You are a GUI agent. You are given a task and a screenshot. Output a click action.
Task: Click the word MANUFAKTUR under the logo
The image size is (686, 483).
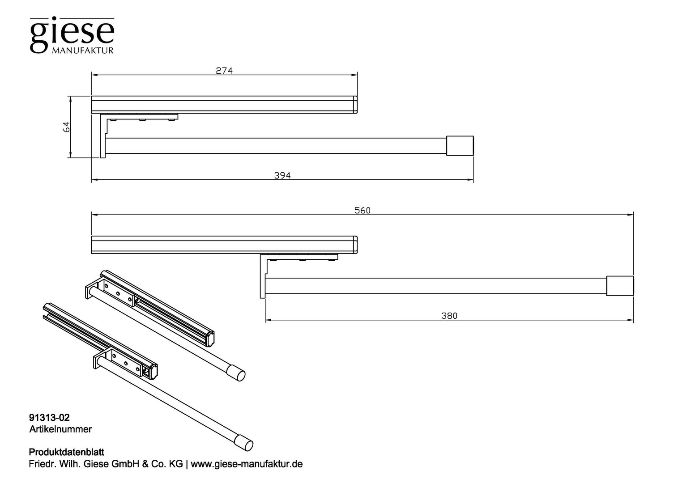coord(83,51)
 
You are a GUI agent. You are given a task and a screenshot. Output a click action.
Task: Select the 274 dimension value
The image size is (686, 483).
coord(224,71)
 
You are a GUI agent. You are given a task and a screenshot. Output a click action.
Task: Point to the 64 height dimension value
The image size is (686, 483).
coord(66,127)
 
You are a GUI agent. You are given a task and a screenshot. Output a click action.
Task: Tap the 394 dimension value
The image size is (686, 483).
coord(282,175)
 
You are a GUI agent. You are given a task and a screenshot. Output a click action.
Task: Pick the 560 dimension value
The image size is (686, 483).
coord(362,210)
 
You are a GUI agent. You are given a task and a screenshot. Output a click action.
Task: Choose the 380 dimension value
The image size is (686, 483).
coord(449,316)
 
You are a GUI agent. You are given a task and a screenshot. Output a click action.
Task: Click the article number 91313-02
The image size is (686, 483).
coord(49,418)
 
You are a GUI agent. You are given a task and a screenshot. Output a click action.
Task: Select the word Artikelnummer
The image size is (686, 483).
coord(61,429)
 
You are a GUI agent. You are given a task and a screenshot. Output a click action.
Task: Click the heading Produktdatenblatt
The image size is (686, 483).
coord(67,452)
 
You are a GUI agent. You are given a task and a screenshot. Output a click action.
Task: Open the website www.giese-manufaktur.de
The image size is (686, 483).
coord(247,464)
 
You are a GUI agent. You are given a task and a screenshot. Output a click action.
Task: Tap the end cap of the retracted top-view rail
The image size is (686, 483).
coord(460,146)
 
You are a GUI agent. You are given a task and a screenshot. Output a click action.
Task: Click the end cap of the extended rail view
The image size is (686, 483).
coord(620,286)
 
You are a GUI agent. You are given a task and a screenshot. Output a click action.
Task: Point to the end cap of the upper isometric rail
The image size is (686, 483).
coord(236,373)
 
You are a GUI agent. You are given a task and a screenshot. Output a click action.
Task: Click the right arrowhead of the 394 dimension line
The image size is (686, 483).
coord(471,180)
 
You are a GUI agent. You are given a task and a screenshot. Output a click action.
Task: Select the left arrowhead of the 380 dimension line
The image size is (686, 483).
coord(268,320)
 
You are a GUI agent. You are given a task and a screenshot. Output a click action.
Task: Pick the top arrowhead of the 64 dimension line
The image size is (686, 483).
coord(70,98)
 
